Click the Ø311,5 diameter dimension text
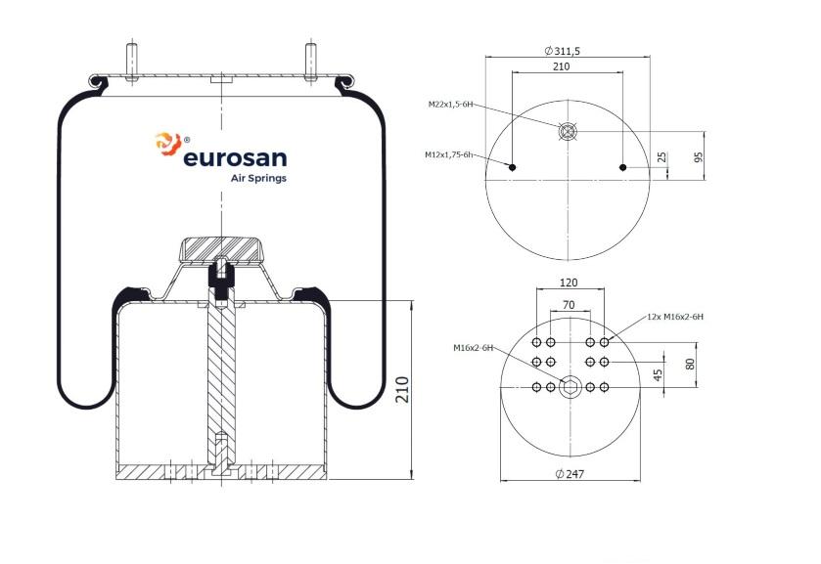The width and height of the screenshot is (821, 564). (x=562, y=51)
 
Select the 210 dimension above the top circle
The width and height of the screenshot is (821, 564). (x=561, y=66)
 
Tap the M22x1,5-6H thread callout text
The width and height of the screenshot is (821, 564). (x=450, y=105)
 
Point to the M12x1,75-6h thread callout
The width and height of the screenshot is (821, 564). (x=449, y=154)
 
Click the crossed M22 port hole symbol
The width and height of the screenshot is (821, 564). (x=568, y=131)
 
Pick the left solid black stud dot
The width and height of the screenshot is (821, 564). (x=513, y=167)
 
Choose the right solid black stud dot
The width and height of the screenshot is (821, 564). (x=622, y=167)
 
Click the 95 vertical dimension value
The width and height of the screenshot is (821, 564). (x=698, y=157)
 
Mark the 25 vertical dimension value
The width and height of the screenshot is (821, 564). (x=661, y=157)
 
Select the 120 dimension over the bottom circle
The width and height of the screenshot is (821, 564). (x=569, y=282)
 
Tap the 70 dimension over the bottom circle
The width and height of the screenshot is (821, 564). (x=569, y=305)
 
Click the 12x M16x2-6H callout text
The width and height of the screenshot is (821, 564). (x=675, y=317)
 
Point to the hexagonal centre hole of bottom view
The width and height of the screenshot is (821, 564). (x=570, y=388)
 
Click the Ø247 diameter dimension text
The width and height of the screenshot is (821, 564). (x=570, y=474)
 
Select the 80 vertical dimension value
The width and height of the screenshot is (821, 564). (x=690, y=365)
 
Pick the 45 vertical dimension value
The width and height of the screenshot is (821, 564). (x=659, y=374)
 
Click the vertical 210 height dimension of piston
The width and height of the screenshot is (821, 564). (x=402, y=389)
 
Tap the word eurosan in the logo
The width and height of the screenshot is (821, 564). (x=235, y=157)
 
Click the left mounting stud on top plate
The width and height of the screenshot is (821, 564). (x=132, y=63)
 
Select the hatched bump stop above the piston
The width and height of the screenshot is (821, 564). (x=220, y=250)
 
